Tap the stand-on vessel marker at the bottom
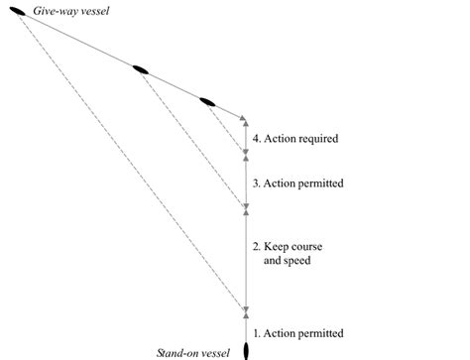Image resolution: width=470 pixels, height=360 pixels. coord(245,348)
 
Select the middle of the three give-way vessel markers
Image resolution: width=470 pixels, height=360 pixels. coord(141,70)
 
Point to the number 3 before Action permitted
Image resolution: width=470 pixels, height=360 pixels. coord(256,182)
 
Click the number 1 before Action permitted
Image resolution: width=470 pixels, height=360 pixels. coord(256,332)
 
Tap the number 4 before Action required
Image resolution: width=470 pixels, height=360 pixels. coord(256,139)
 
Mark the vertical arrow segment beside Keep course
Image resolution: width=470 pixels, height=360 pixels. coord(245,259)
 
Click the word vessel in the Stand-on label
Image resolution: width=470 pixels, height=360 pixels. coord(214,352)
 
